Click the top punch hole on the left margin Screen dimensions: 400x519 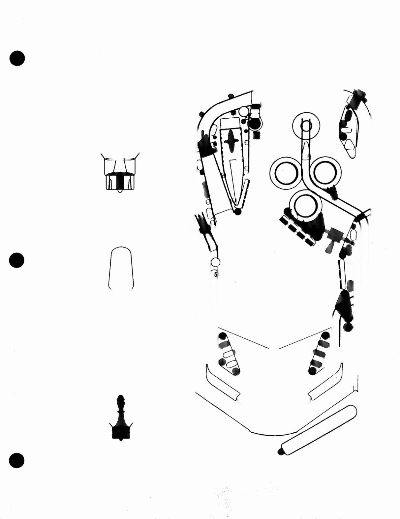pyautogui.click(x=17, y=58)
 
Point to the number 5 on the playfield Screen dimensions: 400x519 pyautogui.click(x=216, y=275)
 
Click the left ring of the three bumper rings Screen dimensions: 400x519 pyautogui.click(x=271, y=173)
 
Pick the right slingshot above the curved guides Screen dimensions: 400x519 pyautogui.click(x=320, y=354)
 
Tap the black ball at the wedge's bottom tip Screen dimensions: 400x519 pyautogui.click(x=237, y=212)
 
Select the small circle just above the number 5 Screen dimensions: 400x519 pyautogui.click(x=215, y=262)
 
